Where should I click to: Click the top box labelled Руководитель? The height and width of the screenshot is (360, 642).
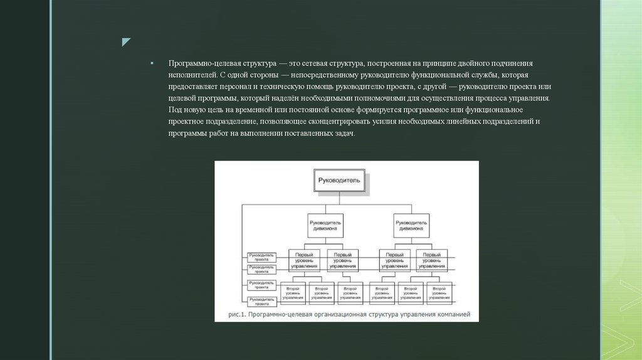[339, 180]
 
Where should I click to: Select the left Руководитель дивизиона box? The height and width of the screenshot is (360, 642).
[325, 225]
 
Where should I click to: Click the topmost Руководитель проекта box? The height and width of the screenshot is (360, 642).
[261, 257]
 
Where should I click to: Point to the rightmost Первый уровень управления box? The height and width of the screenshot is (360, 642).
[431, 260]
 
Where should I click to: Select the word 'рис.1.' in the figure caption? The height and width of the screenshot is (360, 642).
[238, 315]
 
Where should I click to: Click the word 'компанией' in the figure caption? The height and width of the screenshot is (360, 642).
[451, 315]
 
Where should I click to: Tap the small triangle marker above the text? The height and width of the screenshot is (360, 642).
[126, 43]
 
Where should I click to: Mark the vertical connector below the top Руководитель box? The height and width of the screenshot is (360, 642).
[339, 198]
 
